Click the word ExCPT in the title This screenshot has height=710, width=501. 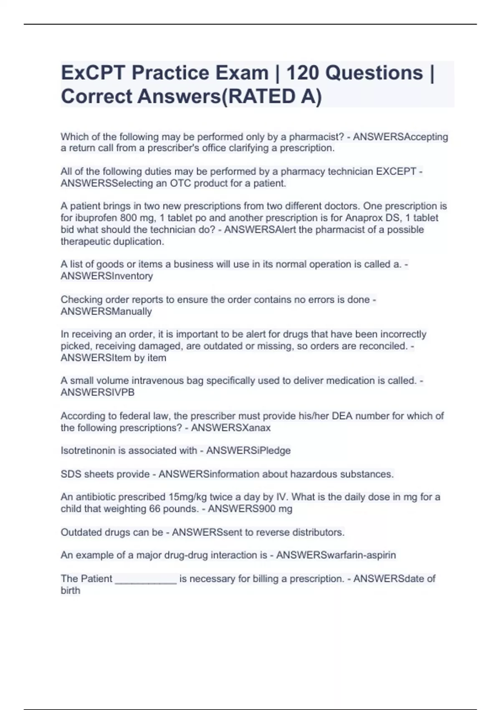pos(93,73)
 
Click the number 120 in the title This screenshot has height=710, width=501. pos(302,73)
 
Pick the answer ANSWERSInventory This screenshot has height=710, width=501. pos(107,276)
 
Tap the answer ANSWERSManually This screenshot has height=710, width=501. pos(106,312)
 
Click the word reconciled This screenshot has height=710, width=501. pos(385,346)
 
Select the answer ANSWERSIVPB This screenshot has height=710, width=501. pos(98,393)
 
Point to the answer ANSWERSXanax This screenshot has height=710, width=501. pos(230,428)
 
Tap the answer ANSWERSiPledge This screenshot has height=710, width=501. pos(248,451)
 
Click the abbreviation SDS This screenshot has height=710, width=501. pos(71,474)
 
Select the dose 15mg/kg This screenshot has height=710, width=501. pos(187,497)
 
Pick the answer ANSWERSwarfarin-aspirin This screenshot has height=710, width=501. pos(336,555)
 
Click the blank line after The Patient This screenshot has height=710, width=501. pos(146,580)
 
